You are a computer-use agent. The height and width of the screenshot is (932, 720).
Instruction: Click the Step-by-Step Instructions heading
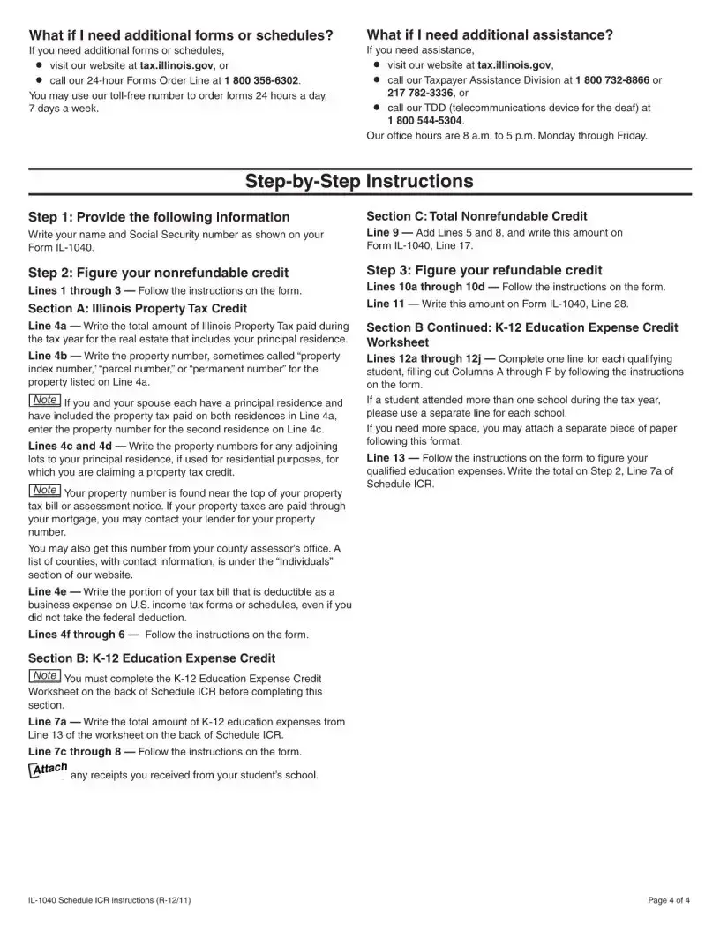coord(359,182)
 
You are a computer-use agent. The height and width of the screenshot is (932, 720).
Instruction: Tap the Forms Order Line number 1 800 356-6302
coord(262,79)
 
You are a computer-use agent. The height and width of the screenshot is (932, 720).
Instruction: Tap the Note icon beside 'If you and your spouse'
coord(45,401)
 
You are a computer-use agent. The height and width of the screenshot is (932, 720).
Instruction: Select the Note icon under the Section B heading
coord(45,676)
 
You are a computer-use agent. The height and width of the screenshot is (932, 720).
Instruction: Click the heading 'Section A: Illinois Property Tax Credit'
coord(138,308)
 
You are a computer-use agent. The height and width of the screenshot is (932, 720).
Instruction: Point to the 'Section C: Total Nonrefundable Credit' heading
coord(476,216)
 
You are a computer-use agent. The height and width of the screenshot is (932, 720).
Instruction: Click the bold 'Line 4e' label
coord(48,591)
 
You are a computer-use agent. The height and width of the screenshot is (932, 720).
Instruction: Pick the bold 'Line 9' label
coord(384,232)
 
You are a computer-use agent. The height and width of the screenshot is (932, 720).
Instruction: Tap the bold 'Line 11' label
coord(386,304)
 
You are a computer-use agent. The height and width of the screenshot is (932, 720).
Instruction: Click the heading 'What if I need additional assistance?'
coord(489,35)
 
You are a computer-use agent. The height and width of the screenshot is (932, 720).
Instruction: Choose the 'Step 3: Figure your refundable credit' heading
coord(484,270)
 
